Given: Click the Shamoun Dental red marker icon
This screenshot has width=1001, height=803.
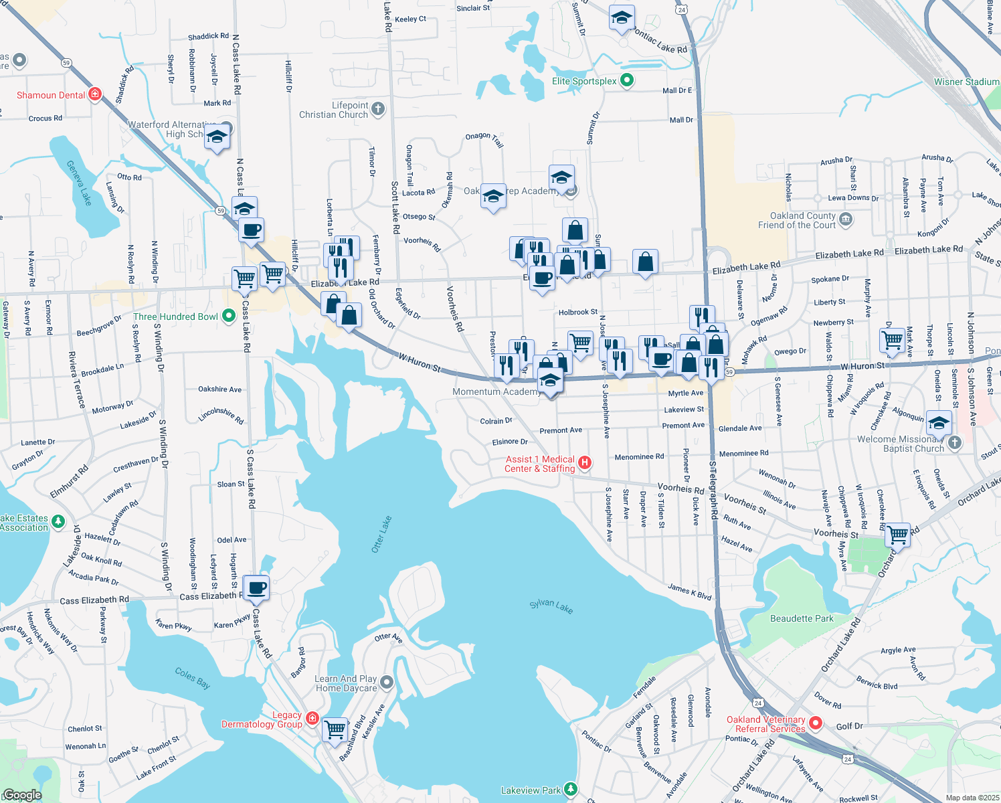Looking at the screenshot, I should (x=95, y=94).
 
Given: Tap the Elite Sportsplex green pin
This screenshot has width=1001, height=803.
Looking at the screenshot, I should (x=627, y=81).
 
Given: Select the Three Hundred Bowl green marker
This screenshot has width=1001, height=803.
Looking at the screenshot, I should (x=229, y=316).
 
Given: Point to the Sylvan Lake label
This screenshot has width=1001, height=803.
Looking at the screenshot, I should (x=551, y=606).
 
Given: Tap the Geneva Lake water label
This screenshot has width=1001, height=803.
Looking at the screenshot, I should (x=79, y=183).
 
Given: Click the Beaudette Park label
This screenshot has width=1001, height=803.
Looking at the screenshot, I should (x=802, y=618).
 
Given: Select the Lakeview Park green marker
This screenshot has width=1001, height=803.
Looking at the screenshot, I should (x=570, y=790).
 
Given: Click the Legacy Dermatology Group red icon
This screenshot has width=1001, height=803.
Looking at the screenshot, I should (x=312, y=719).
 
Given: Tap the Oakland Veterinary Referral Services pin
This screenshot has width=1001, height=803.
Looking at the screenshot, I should (x=816, y=723).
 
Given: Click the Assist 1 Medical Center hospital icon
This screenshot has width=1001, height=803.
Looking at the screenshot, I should (x=584, y=463).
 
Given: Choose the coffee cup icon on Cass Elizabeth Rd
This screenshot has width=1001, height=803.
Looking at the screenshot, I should (x=256, y=588).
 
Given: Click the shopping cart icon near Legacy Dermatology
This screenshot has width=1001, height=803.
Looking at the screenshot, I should (x=335, y=728).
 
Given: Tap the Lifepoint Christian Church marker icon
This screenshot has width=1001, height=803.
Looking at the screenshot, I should (x=378, y=109).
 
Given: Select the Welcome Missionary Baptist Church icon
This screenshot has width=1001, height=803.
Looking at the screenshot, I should (x=954, y=443).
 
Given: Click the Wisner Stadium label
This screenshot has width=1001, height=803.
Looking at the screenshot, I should (x=966, y=82).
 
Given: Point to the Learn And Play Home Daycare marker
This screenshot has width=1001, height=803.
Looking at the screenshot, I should (x=387, y=683).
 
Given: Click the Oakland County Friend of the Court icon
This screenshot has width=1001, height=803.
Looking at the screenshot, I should (x=846, y=219).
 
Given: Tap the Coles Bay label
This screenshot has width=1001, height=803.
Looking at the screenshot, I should (x=193, y=677).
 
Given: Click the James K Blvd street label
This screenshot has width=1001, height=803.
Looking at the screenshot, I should (x=689, y=591).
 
